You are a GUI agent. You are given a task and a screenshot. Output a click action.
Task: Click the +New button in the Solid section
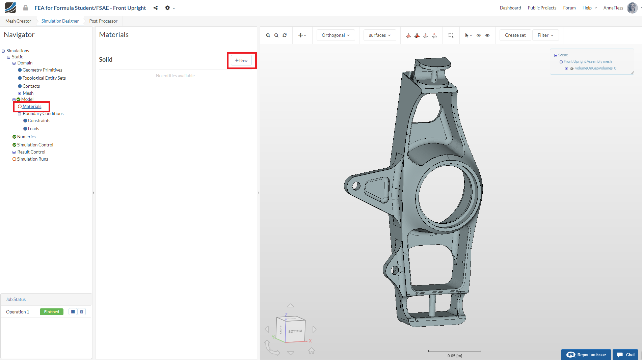(241, 60)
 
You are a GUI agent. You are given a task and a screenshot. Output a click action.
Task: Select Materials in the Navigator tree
(32, 106)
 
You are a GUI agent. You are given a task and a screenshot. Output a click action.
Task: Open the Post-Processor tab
(103, 21)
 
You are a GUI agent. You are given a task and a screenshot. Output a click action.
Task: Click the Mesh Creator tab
(18, 21)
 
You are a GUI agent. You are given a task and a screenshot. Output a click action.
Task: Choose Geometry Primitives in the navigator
(42, 70)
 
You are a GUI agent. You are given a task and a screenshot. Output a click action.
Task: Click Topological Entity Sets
(44, 78)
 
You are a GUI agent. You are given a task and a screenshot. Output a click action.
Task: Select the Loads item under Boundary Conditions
(33, 129)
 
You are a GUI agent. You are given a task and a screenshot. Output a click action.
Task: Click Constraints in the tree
(39, 120)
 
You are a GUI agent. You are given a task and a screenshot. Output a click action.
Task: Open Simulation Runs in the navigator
(32, 159)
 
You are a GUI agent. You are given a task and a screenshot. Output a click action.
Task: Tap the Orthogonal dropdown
(336, 35)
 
